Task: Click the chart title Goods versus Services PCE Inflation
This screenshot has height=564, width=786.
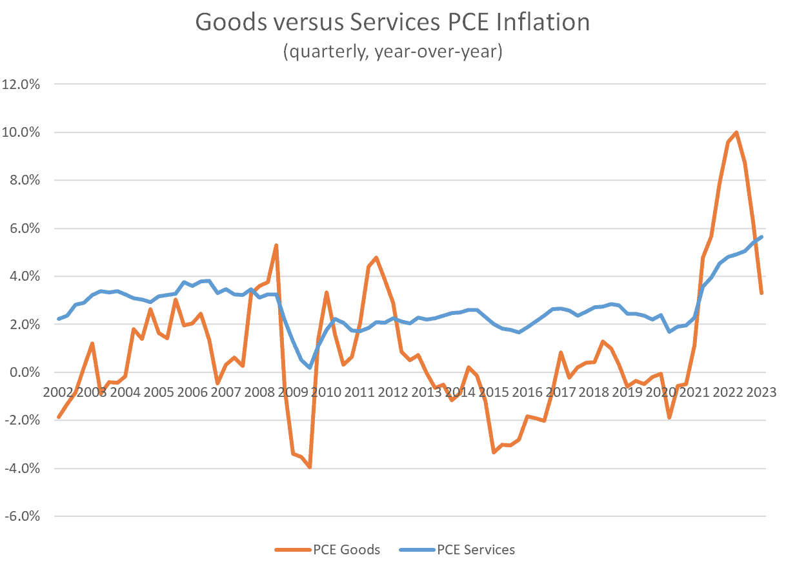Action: pos(392,23)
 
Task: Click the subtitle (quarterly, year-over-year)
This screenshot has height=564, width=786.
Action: pos(392,51)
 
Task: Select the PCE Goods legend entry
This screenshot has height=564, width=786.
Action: pos(327,550)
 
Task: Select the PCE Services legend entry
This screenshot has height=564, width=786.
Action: pos(457,550)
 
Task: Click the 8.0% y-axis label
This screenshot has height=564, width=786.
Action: pos(23,181)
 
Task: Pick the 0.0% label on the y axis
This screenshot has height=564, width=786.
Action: pos(23,372)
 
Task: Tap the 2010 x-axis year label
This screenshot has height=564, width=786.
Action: pos(326,392)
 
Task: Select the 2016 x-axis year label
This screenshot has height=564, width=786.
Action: pos(527,392)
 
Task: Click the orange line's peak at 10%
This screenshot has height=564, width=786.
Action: pos(736,132)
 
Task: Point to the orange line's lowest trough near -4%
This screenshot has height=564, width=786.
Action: pos(310,467)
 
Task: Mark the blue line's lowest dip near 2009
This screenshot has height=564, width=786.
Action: pos(310,367)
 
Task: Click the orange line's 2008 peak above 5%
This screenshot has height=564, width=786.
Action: pos(276,245)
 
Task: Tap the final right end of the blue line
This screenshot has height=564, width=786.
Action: pos(761,237)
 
